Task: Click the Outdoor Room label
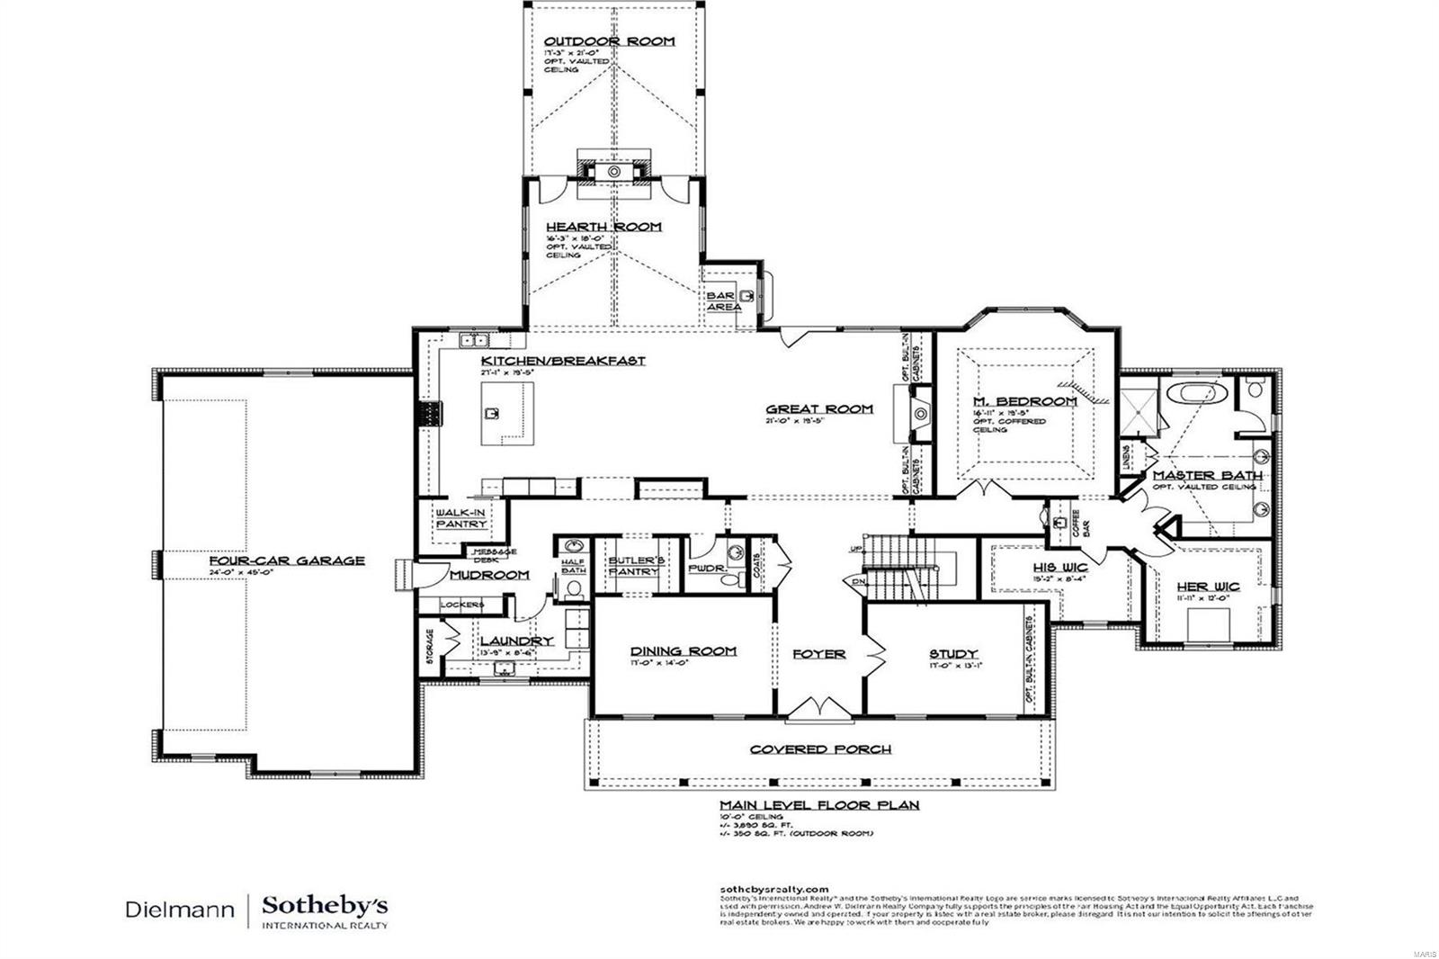tap(609, 41)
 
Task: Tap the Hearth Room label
tap(603, 227)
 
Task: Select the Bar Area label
tap(723, 301)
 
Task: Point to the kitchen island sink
tap(492, 414)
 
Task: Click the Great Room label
tap(818, 408)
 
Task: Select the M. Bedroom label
tap(1024, 401)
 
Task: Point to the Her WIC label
tap(1208, 587)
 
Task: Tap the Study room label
tap(953, 654)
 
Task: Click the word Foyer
tap(818, 654)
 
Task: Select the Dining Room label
tap(683, 651)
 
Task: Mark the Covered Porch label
tap(820, 749)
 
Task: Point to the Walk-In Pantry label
tap(460, 518)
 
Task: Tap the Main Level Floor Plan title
tap(818, 805)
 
